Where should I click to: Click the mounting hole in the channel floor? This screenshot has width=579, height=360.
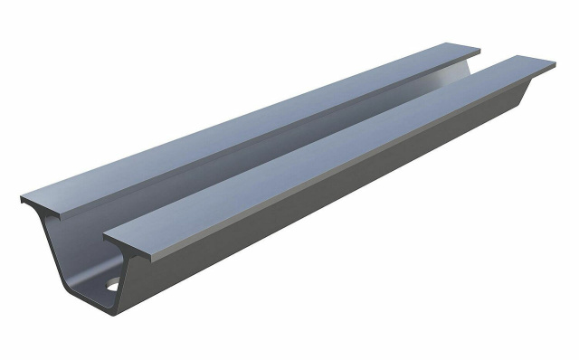pos(112,287)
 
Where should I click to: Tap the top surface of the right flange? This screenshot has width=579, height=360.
pos(344,154)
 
